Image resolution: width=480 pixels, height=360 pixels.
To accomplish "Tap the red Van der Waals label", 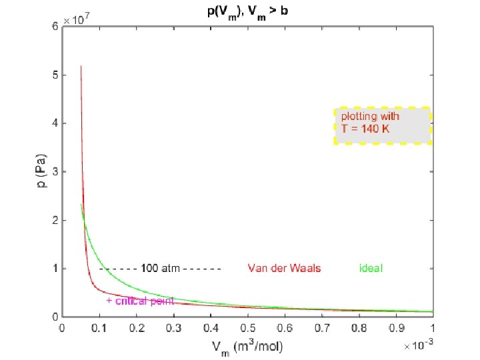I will pos(284,269).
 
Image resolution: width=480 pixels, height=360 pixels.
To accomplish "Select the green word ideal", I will pos(371,269).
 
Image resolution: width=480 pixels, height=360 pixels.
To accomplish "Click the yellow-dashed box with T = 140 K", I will pos(383,125).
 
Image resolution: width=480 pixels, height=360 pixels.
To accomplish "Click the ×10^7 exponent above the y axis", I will pos(76,21).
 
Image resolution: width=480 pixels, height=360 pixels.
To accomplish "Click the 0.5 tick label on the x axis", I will pos(247,327).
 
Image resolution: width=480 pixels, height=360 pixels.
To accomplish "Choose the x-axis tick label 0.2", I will pos(137,327).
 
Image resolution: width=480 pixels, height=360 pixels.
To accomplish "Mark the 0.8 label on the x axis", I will pos(359,327).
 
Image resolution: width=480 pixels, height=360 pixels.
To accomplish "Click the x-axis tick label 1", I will pos(433,327).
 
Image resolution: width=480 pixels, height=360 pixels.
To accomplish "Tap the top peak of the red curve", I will pos(81,66).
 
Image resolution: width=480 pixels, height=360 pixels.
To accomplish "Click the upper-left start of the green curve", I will pos(81,204).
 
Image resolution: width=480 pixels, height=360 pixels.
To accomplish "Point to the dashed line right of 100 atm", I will pos(201,269).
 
